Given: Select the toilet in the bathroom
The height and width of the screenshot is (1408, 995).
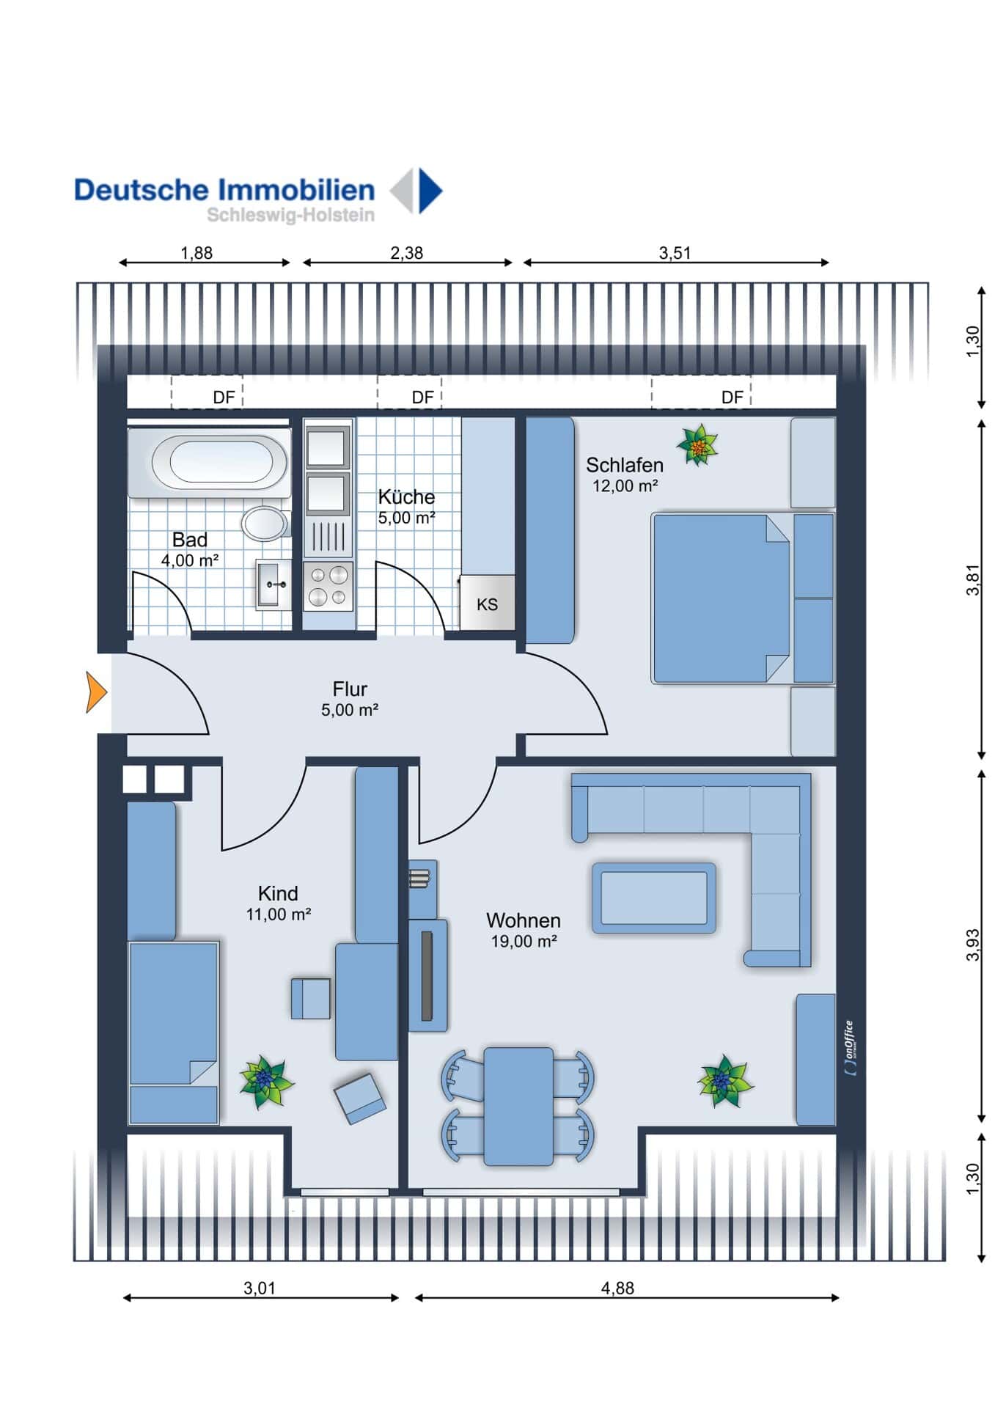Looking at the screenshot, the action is point(265,523).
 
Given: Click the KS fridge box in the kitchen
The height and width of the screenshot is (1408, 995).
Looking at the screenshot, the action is point(487,602).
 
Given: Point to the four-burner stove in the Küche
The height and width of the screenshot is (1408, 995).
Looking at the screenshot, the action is point(328,587).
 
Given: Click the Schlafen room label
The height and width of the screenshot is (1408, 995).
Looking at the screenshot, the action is point(625,465).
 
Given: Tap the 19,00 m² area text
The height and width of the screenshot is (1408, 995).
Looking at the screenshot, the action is point(524,942).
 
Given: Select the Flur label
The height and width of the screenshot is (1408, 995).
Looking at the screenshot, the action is point(350,689).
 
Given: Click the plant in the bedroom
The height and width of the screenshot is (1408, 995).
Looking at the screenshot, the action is point(697,445).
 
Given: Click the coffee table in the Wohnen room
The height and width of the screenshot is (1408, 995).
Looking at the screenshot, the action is point(653,898).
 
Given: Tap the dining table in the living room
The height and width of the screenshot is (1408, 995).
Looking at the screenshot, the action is point(518,1107).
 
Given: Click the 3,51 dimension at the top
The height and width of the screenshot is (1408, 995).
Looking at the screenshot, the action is point(675,253).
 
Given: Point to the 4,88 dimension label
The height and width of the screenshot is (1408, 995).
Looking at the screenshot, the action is point(617,1288).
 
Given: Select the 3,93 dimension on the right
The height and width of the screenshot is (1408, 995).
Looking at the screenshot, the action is point(972,945).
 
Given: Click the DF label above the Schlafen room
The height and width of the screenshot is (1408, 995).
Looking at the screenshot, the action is point(733,397).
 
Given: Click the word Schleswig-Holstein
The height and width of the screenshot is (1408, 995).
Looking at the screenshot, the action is point(290,215).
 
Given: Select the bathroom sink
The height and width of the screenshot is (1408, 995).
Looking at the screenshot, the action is point(272,584).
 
